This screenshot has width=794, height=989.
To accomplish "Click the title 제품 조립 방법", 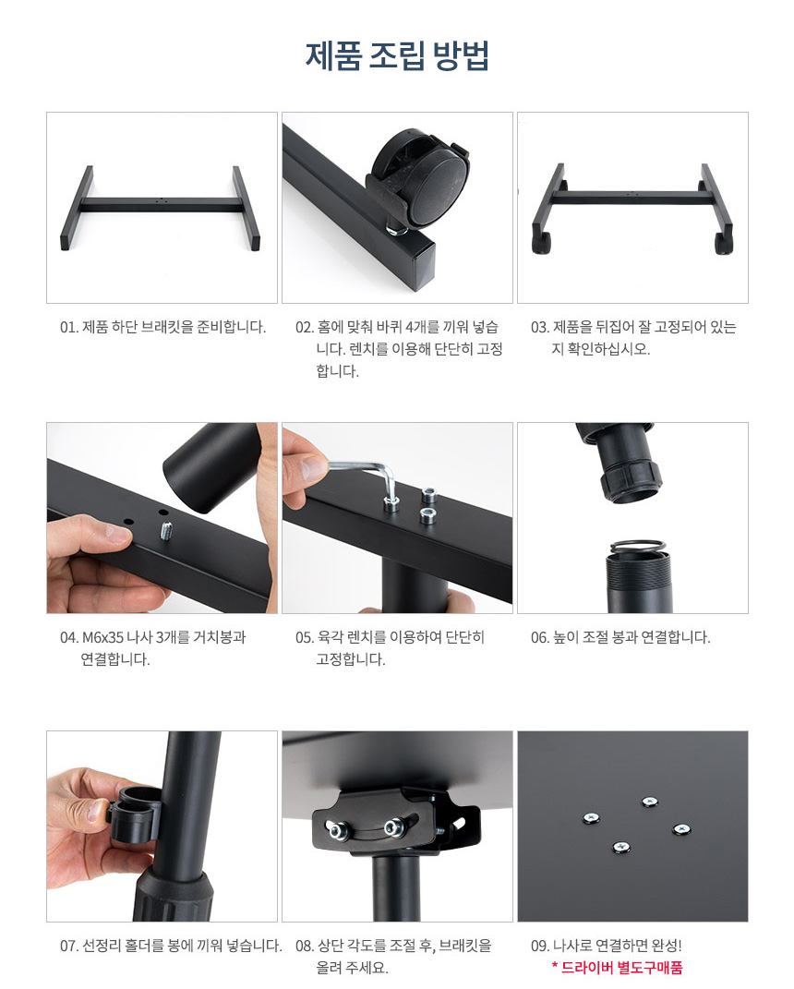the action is click(x=397, y=55).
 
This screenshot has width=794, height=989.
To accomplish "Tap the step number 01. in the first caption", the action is click(x=69, y=327).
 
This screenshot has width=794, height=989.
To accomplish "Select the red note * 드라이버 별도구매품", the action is click(x=617, y=968).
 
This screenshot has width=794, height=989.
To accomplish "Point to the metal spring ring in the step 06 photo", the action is click(x=637, y=547).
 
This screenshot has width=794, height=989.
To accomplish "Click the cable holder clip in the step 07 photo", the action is click(x=134, y=814).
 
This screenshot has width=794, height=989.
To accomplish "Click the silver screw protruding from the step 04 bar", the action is click(x=166, y=532).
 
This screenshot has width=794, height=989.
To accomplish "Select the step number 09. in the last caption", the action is click(x=540, y=947).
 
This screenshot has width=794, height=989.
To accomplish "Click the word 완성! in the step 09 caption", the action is click(x=667, y=947).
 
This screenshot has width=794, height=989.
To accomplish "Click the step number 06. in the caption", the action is click(x=540, y=638).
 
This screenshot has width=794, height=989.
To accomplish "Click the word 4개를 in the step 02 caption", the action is click(x=423, y=327).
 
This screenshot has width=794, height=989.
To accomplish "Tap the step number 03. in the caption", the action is click(x=540, y=327).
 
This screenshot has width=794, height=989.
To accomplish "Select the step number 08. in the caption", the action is click(x=305, y=947).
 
